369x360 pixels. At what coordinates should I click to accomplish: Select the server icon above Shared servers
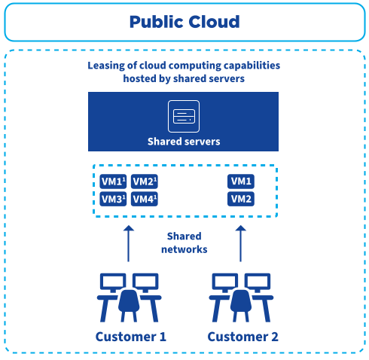tap(184, 116)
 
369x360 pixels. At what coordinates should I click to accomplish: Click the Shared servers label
tap(184, 141)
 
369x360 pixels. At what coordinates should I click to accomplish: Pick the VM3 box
tap(113, 199)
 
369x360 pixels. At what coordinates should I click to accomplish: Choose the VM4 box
tap(144, 199)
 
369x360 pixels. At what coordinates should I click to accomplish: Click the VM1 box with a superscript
tap(113, 182)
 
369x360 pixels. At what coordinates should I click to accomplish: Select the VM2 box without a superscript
tap(242, 199)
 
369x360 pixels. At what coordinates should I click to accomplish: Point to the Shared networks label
tap(184, 243)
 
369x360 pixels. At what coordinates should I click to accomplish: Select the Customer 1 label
tap(130, 336)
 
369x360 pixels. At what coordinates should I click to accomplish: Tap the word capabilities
tap(250, 66)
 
